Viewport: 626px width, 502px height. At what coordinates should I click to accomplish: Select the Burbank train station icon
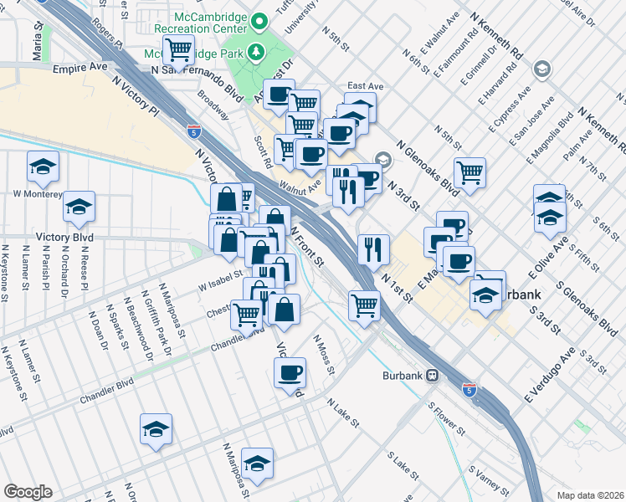tap(433, 376)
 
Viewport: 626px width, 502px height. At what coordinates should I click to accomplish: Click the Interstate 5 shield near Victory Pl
tap(193, 131)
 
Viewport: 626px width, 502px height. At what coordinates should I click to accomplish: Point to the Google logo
tap(28, 492)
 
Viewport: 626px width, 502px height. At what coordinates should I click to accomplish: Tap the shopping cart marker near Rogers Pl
tap(178, 51)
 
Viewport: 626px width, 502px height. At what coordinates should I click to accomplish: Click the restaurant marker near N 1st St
tap(374, 248)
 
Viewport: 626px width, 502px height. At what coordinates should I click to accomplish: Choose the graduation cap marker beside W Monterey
tap(80, 206)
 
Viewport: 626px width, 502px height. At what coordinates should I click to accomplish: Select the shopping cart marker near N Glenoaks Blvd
tap(470, 172)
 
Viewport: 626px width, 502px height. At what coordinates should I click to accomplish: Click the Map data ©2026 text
tap(590, 493)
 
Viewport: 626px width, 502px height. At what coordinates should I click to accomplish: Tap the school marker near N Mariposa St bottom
tap(257, 463)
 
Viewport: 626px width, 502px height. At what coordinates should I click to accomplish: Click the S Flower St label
tap(446, 417)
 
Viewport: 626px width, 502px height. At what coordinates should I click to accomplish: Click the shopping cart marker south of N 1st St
tap(364, 305)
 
